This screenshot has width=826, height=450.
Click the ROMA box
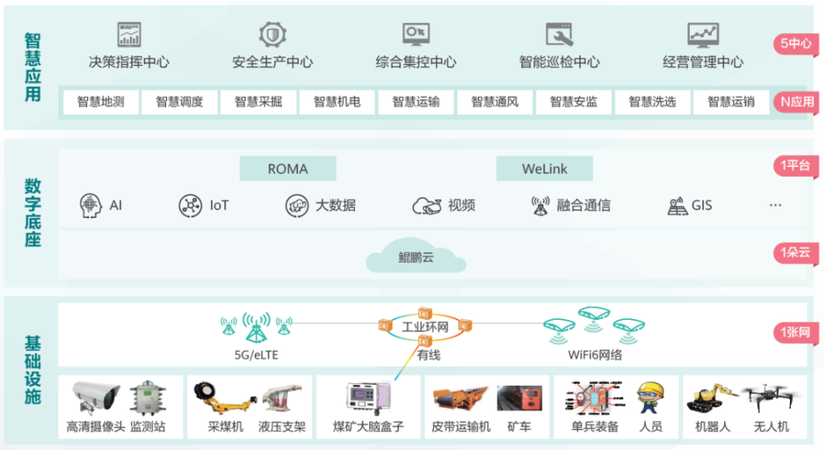pyautogui.click(x=288, y=168)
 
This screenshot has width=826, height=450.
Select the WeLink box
pyautogui.click(x=544, y=168)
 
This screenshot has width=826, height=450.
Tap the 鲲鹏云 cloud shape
pyautogui.click(x=416, y=258)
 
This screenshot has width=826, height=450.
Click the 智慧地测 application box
pyautogui.click(x=100, y=102)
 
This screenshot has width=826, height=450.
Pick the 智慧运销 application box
pyautogui.click(x=730, y=102)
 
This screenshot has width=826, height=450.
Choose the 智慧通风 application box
pyautogui.click(x=494, y=102)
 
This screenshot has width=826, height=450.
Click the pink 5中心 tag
pyautogui.click(x=796, y=44)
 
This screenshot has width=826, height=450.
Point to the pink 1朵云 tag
pyautogui.click(x=796, y=253)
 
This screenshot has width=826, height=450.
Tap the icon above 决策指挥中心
pyautogui.click(x=129, y=34)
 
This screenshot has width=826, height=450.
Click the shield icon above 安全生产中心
pyautogui.click(x=272, y=34)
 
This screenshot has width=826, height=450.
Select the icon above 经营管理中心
pyautogui.click(x=703, y=34)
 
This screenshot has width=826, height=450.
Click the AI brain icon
pyautogui.click(x=91, y=205)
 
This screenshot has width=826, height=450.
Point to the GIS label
pyautogui.click(x=701, y=205)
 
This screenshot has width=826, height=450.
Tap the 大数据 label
pyautogui.click(x=336, y=205)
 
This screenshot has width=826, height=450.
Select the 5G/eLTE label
pyautogui.click(x=256, y=355)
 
